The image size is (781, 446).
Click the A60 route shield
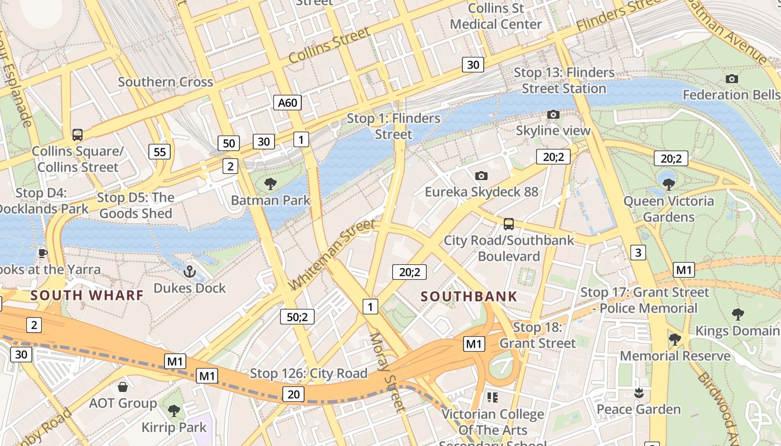click(x=288, y=103)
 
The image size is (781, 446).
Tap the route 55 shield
click(x=160, y=152)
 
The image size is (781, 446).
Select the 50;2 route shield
click(x=297, y=317)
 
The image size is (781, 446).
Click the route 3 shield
click(x=638, y=253)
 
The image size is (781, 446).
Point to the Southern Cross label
click(x=165, y=82)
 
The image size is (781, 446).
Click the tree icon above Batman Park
click(x=271, y=183)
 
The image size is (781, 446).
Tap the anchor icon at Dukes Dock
click(x=190, y=272)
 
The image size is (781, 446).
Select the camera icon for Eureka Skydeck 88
click(x=481, y=176)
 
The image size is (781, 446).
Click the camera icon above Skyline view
click(x=553, y=114)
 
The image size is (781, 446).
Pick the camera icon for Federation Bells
click(x=732, y=79)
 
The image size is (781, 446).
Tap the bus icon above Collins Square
click(x=78, y=134)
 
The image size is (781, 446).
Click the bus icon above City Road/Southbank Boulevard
click(x=508, y=224)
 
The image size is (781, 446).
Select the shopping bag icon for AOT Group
click(x=123, y=386)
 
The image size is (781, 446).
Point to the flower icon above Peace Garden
click(x=639, y=393)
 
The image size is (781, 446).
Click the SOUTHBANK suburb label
click(x=469, y=296)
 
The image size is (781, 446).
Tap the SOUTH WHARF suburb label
click(x=87, y=295)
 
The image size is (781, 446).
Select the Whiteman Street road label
click(x=332, y=254)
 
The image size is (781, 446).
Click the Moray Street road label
click(x=387, y=372)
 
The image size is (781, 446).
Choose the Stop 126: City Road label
click(x=308, y=374)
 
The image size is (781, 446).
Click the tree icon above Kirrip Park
click(x=174, y=411)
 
